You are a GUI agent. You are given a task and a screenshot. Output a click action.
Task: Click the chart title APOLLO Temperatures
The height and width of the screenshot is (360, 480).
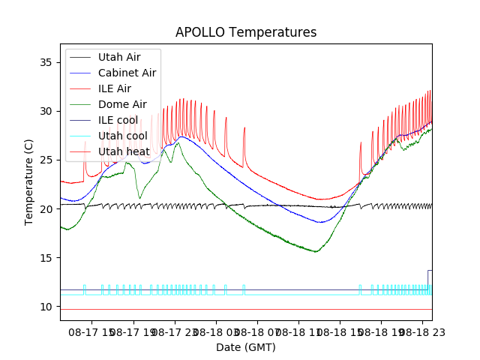[x=246, y=32]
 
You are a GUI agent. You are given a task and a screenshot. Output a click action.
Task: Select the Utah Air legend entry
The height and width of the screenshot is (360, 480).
[x=119, y=57]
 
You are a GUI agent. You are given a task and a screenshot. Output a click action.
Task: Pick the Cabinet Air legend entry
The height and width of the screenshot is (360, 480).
[x=127, y=73]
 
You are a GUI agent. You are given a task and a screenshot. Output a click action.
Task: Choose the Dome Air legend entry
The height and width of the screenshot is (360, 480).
[x=122, y=104]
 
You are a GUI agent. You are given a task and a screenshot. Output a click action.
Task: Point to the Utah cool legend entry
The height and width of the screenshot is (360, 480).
[x=122, y=136]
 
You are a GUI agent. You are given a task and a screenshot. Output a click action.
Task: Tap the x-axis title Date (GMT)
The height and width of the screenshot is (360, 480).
[x=246, y=347]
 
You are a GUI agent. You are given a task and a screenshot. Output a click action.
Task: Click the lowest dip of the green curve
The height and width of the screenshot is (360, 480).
[x=316, y=251]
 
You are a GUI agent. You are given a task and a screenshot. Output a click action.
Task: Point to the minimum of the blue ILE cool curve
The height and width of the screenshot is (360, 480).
[x=320, y=222]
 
